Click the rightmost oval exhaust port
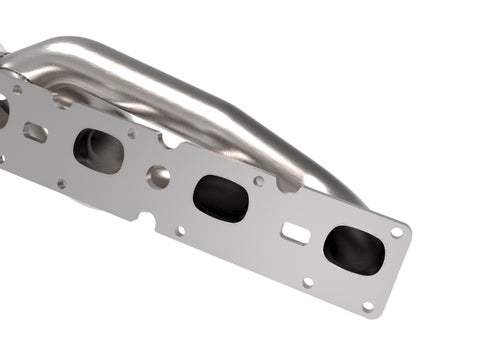(x=353, y=250)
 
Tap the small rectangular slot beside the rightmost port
(x=295, y=233)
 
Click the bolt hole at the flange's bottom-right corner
(x=367, y=307)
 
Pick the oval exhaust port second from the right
(x=220, y=198)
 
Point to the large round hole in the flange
(x=158, y=177)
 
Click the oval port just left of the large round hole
(x=98, y=150)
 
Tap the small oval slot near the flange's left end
(x=36, y=131)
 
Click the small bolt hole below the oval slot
(x=61, y=183)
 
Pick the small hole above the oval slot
(x=17, y=89)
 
